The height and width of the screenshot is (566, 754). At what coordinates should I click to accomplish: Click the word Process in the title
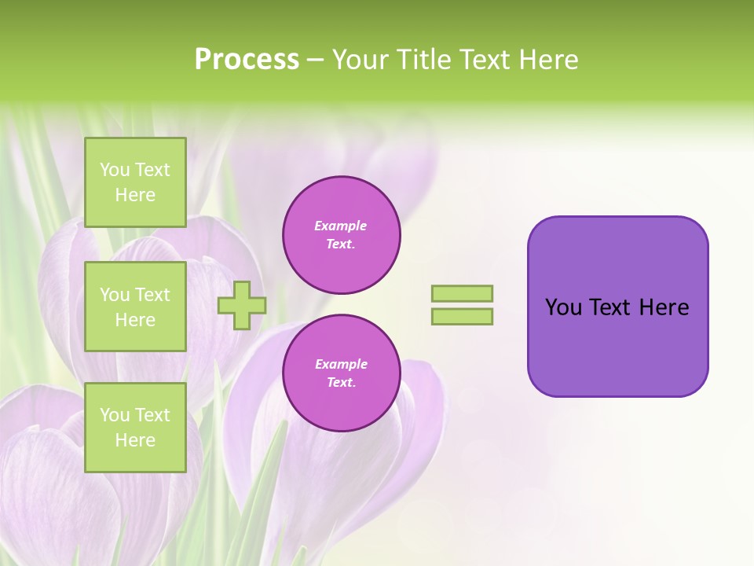(247, 60)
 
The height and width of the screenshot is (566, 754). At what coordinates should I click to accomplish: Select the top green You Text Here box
(135, 182)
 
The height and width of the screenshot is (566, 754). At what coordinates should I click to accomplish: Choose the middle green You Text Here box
(135, 307)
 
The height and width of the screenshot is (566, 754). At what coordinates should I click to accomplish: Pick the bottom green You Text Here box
(135, 428)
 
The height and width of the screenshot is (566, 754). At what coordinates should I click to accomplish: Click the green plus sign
(242, 305)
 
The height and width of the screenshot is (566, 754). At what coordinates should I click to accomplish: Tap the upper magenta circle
(342, 235)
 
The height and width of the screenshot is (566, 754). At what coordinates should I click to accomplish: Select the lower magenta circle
(342, 373)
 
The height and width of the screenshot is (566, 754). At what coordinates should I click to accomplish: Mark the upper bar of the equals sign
(463, 293)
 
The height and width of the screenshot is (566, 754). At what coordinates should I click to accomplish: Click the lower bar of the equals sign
(463, 317)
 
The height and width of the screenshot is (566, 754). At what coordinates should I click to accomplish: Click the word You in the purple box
(564, 307)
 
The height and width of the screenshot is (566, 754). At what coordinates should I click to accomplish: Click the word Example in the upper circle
(341, 226)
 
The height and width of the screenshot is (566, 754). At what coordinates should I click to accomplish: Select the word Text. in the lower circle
(341, 383)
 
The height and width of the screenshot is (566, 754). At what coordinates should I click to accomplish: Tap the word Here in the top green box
(135, 195)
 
